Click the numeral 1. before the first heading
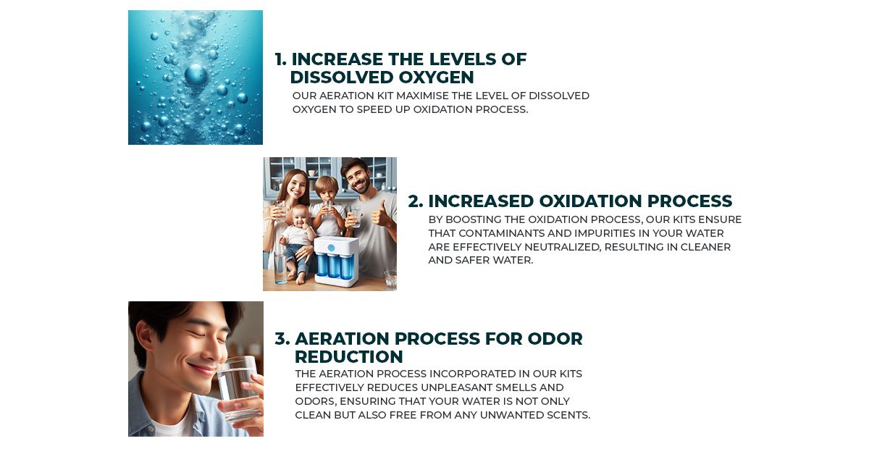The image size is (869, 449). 280,59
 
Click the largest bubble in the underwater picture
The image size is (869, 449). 195,73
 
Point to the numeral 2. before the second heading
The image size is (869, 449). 415,201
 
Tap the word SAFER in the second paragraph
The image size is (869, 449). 469,261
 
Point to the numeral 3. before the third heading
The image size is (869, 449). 282,339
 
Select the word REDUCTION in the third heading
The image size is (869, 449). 348,357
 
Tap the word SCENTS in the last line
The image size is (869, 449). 568,415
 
